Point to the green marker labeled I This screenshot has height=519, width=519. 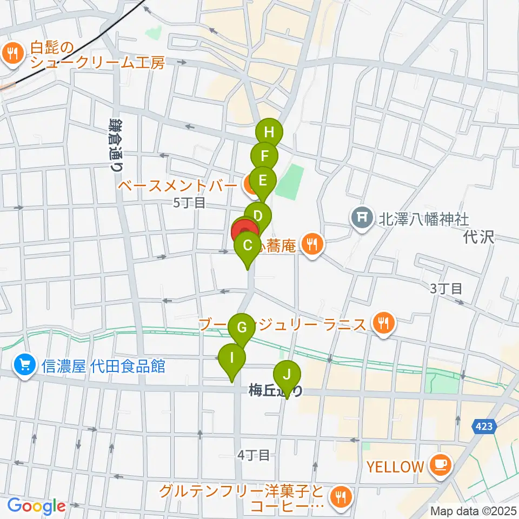232,358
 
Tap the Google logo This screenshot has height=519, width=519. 36,507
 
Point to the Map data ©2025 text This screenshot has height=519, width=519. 473,510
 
